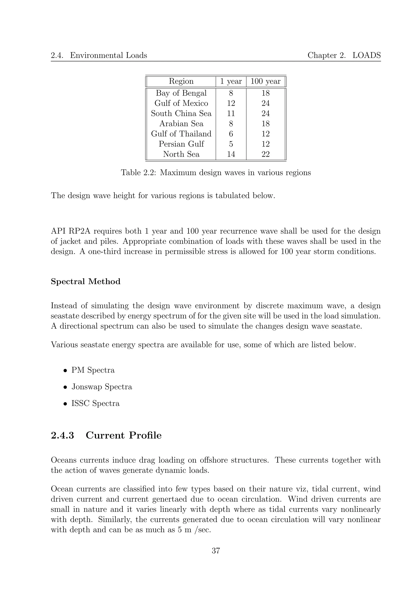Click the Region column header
point(181,81)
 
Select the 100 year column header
point(265,81)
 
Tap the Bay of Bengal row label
point(181,93)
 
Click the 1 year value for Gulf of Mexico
point(231,103)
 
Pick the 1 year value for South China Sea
point(231,113)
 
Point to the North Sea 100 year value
point(265,154)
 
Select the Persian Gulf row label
point(181,144)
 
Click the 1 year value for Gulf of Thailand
point(231,134)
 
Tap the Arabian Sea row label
point(181,124)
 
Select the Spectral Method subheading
point(86,281)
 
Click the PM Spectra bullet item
point(93,370)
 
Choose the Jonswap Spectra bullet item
point(102,387)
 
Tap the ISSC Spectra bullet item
point(95,403)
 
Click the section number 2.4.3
point(62,435)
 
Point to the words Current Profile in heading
point(124,435)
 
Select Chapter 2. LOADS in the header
point(344,55)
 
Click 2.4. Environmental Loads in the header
point(99,55)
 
